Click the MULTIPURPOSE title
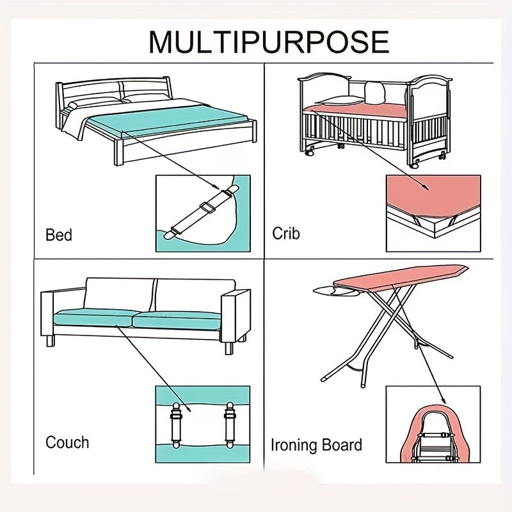tap(269, 42)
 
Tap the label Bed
tap(59, 235)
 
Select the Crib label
tap(285, 234)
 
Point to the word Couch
tap(67, 442)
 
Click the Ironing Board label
tap(316, 445)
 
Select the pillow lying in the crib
tap(340, 100)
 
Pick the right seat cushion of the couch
tap(177, 321)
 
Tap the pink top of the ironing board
tap(401, 278)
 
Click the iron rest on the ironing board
tap(337, 291)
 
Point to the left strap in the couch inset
tap(175, 425)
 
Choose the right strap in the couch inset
tap(230, 425)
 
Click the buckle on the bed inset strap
tap(207, 207)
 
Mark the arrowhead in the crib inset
tap(425, 187)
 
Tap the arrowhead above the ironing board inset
tap(443, 401)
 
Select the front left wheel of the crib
tap(310, 152)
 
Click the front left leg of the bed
tap(118, 152)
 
